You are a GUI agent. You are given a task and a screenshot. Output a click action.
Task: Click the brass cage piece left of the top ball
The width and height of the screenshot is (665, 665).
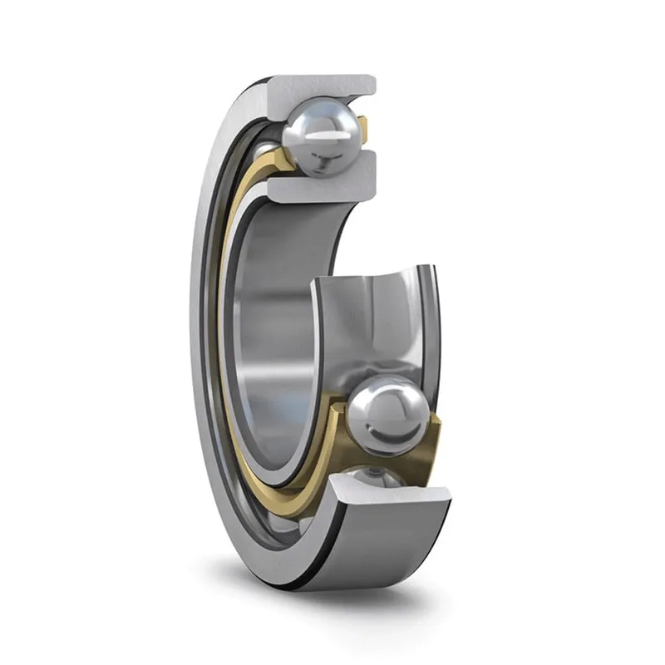[x=283, y=162]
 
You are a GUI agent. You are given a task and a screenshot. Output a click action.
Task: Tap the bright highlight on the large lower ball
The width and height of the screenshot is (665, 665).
[x=391, y=399]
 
